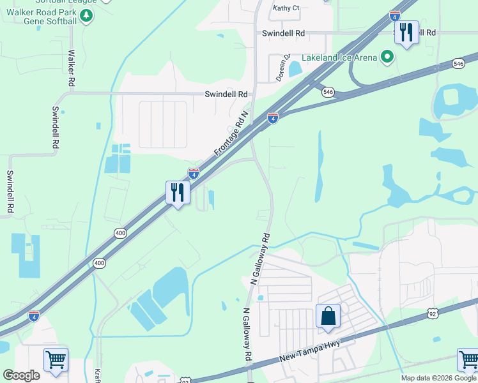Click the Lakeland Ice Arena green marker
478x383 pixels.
click(x=387, y=58)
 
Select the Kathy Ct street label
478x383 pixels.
click(x=286, y=8)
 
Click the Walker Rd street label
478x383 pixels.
click(x=72, y=69)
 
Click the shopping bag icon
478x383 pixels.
click(x=328, y=316)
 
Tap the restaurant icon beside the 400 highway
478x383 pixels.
click(x=178, y=191)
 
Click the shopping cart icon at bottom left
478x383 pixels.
click(x=56, y=360)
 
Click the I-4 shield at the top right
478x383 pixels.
click(x=395, y=16)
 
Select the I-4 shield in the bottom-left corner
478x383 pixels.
click(x=34, y=316)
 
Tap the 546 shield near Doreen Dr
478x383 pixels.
click(x=328, y=92)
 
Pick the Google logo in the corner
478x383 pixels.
click(x=22, y=375)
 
